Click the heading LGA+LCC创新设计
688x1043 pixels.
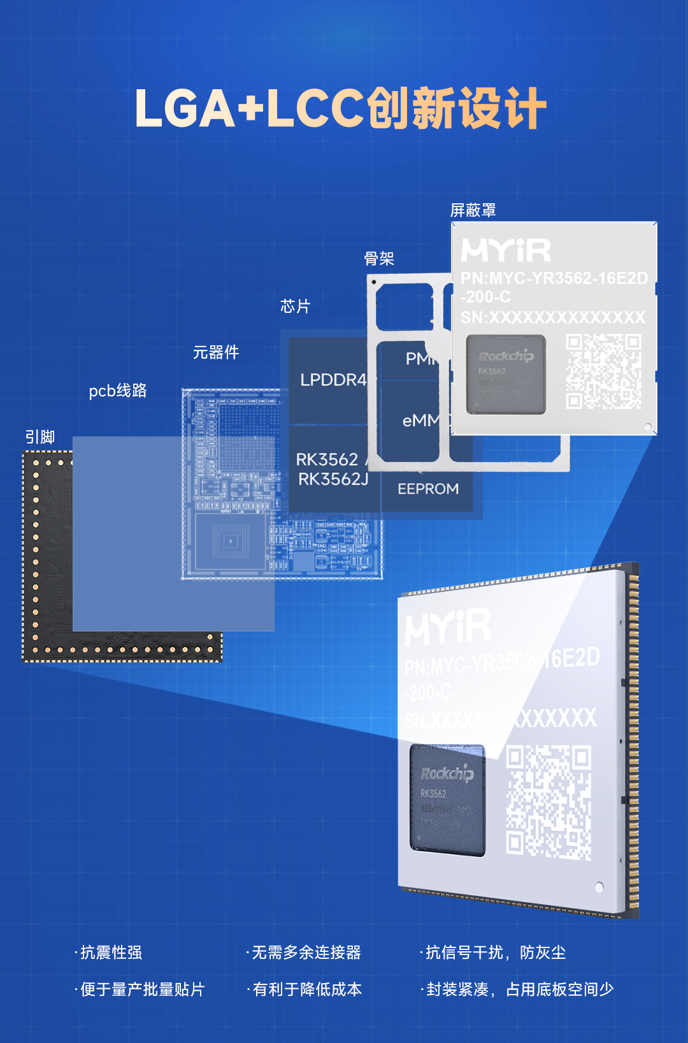pyautogui.click(x=341, y=108)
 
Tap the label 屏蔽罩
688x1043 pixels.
pyautogui.click(x=473, y=210)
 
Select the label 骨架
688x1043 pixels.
pyautogui.click(x=379, y=259)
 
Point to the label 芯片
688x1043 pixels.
pyautogui.click(x=295, y=306)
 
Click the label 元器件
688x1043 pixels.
pyautogui.click(x=216, y=352)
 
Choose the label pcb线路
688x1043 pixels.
pyautogui.click(x=118, y=391)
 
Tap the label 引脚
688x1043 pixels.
pyautogui.click(x=40, y=437)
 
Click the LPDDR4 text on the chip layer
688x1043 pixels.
pyautogui.click(x=333, y=380)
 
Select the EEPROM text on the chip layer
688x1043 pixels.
pyautogui.click(x=428, y=489)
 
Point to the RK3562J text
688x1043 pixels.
pyautogui.click(x=333, y=479)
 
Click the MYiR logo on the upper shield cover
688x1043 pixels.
pyautogui.click(x=506, y=250)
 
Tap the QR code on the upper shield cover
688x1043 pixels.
pyautogui.click(x=603, y=371)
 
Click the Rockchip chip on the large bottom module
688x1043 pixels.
pyautogui.click(x=447, y=798)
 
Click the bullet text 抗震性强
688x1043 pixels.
pyautogui.click(x=111, y=953)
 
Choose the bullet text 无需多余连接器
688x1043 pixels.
pyautogui.click(x=306, y=953)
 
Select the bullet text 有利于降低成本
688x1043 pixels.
pyautogui.click(x=307, y=989)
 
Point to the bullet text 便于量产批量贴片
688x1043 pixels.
pyautogui.click(x=142, y=989)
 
